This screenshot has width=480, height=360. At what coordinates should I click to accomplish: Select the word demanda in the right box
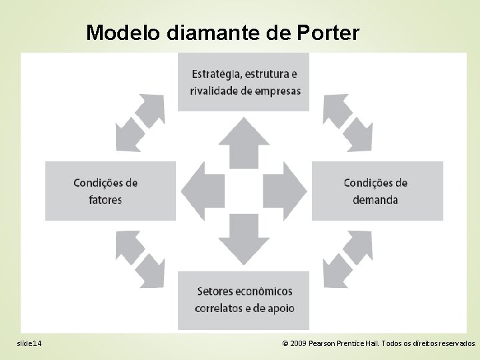coord(376,199)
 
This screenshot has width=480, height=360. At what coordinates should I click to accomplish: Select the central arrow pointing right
coord(286,191)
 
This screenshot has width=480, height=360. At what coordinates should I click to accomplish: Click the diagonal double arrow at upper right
coord(347,122)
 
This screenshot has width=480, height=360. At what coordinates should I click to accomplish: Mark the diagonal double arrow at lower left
coord(140,258)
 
